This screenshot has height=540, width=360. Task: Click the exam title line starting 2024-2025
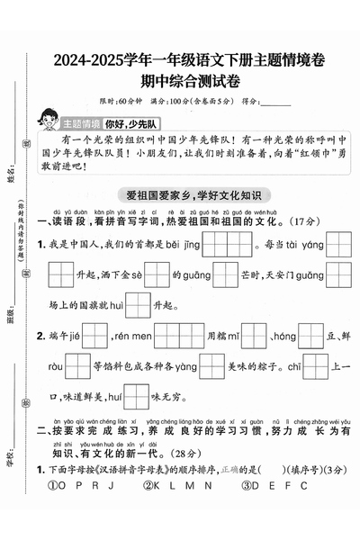[x=188, y=61]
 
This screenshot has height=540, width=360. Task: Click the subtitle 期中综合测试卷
[x=188, y=82]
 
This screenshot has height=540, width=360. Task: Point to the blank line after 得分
[x=274, y=102]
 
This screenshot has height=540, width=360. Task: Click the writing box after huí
[x=137, y=397]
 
